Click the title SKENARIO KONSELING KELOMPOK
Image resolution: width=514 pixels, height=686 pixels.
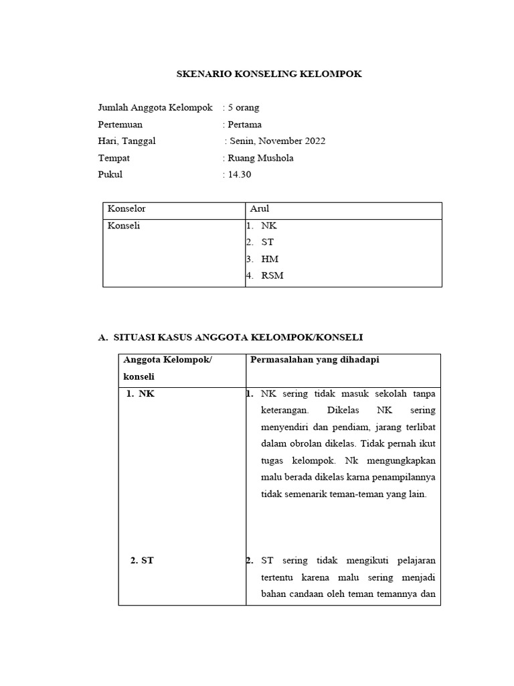coord(268,74)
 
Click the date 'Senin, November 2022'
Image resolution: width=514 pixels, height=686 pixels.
coord(278,141)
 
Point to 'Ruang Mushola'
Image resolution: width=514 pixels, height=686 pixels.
coord(260,158)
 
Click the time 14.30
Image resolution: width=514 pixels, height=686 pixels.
coord(240,175)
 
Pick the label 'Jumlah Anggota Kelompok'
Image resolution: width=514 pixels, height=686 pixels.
coord(155,107)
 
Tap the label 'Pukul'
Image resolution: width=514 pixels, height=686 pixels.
coord(110,175)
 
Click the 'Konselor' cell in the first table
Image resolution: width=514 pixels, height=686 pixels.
coord(126,209)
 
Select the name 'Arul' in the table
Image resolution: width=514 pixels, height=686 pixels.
coord(260,209)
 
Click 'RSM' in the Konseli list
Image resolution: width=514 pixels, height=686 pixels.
coord(272,276)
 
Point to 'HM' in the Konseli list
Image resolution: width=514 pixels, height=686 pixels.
coord(270,259)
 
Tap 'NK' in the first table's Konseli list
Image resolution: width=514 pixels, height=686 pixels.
coord(269,226)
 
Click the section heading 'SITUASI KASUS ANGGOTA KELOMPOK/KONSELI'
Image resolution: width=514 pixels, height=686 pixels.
coord(238,336)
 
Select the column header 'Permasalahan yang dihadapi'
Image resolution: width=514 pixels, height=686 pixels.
coord(315,360)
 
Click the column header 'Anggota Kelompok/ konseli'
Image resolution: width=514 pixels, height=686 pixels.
coord(167,368)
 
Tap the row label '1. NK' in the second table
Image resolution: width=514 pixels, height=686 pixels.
coord(141,394)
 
